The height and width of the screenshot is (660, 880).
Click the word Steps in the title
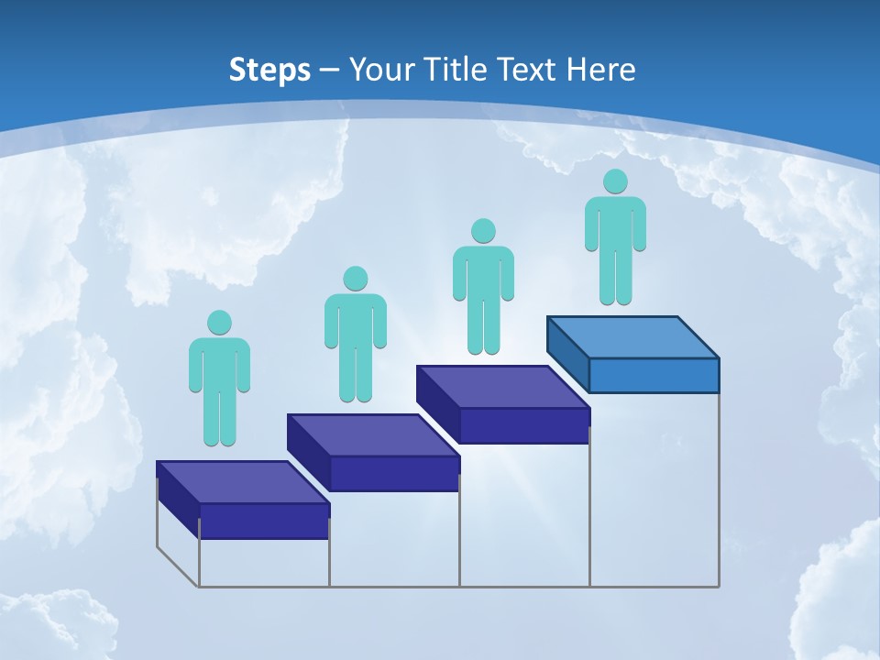click(x=269, y=70)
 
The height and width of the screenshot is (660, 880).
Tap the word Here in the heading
click(x=601, y=70)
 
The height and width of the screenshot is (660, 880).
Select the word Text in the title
click(x=528, y=70)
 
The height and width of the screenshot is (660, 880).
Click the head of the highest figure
click(x=615, y=181)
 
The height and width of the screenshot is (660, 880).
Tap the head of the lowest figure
click(x=219, y=323)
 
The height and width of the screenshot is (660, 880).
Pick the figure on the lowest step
click(x=219, y=381)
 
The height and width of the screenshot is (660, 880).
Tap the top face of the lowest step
click(x=243, y=482)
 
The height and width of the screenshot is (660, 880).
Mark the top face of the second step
click(x=373, y=434)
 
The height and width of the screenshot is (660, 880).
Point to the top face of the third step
click(x=503, y=386)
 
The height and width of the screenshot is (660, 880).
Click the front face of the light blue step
click(x=654, y=375)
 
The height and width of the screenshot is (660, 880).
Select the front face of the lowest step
click(x=264, y=521)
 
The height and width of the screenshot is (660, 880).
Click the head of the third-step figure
click(x=483, y=231)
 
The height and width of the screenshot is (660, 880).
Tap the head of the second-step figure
click(x=355, y=279)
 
